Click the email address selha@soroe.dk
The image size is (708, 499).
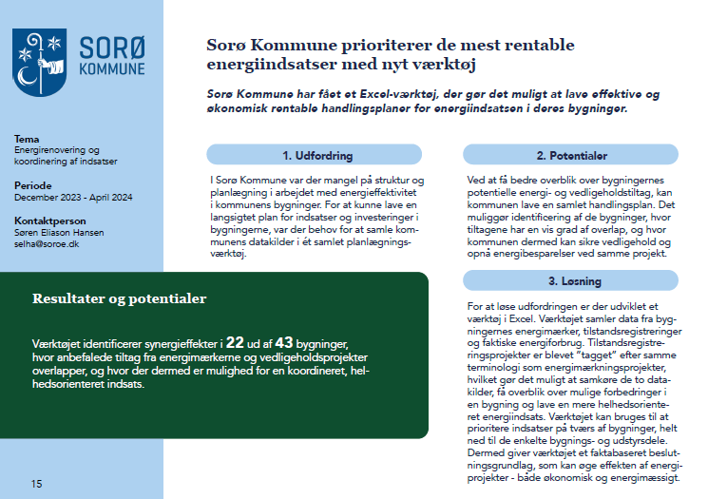coord(44,243)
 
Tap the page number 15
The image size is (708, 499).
coord(36,484)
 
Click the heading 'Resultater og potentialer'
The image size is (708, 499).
coord(120,298)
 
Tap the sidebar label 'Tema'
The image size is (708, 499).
coord(28,139)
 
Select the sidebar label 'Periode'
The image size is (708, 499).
coord(33,185)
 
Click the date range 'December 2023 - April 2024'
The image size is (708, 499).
coord(73,197)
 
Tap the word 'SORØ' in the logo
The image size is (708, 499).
coord(111,48)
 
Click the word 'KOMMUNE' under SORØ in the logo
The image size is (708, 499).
coord(111,69)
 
